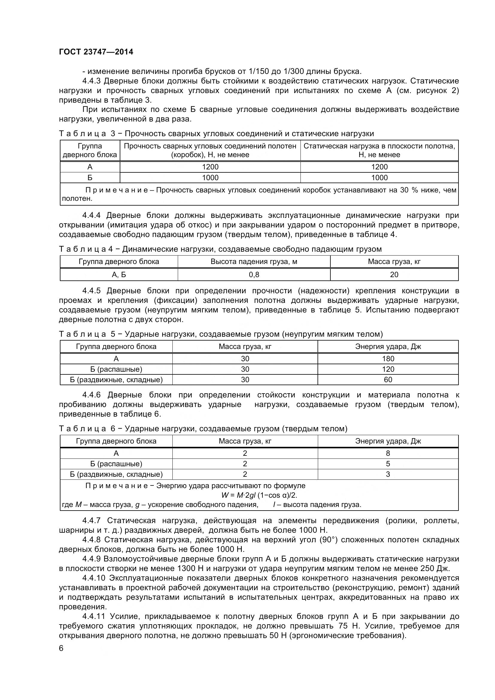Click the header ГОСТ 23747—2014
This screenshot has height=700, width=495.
click(96, 52)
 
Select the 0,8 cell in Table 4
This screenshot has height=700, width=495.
click(254, 275)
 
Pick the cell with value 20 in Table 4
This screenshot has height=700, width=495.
click(394, 275)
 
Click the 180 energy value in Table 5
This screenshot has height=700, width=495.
click(388, 359)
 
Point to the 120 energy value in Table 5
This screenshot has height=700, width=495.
click(388, 369)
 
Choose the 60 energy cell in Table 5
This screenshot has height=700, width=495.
click(388, 379)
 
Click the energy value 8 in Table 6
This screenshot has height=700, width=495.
click(388, 453)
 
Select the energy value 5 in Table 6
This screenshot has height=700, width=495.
click(388, 464)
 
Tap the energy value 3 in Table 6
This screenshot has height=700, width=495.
click(388, 474)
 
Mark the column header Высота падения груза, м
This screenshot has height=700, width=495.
click(254, 262)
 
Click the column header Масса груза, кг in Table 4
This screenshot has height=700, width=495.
click(394, 262)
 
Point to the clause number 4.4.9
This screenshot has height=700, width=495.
click(92, 559)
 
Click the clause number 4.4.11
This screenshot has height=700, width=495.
click(94, 617)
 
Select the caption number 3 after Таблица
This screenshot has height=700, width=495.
click(113, 133)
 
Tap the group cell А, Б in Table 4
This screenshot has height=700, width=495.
click(119, 275)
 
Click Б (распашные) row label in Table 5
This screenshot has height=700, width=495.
click(116, 369)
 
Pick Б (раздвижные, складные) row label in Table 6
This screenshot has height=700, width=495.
click(116, 474)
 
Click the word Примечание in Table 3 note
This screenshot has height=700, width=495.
click(117, 190)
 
